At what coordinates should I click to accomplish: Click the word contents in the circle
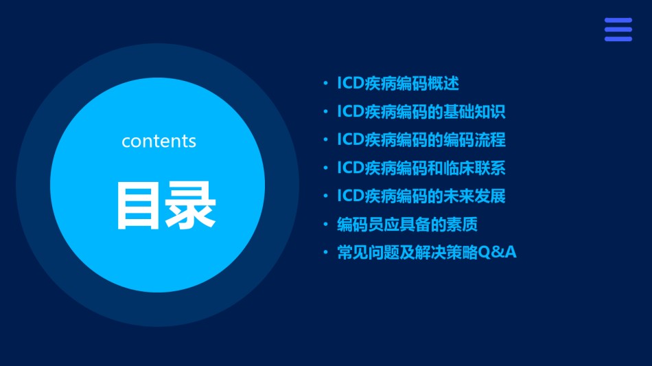pyautogui.click(x=159, y=141)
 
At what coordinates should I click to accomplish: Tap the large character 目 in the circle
pyautogui.click(x=138, y=205)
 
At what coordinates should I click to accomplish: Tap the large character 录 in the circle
pyautogui.click(x=190, y=205)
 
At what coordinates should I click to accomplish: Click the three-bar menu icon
pyautogui.click(x=618, y=30)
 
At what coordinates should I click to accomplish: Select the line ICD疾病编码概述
pyautogui.click(x=398, y=83)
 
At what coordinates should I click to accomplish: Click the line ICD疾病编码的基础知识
pyautogui.click(x=421, y=111)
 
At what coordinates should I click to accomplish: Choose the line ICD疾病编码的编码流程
pyautogui.click(x=421, y=140)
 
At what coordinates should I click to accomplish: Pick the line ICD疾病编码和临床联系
pyautogui.click(x=421, y=168)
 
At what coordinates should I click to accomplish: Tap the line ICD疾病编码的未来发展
pyautogui.click(x=421, y=196)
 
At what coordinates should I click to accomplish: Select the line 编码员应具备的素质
pyautogui.click(x=407, y=224)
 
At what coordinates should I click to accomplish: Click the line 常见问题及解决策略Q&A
pyautogui.click(x=427, y=253)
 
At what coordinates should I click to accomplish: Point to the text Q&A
pyautogui.click(x=498, y=252)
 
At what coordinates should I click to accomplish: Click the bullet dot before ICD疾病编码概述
pyautogui.click(x=325, y=84)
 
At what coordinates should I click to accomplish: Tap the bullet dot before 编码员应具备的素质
pyautogui.click(x=325, y=225)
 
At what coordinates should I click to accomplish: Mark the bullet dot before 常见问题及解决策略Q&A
pyautogui.click(x=325, y=253)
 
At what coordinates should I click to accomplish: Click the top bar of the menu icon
pyautogui.click(x=618, y=20)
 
